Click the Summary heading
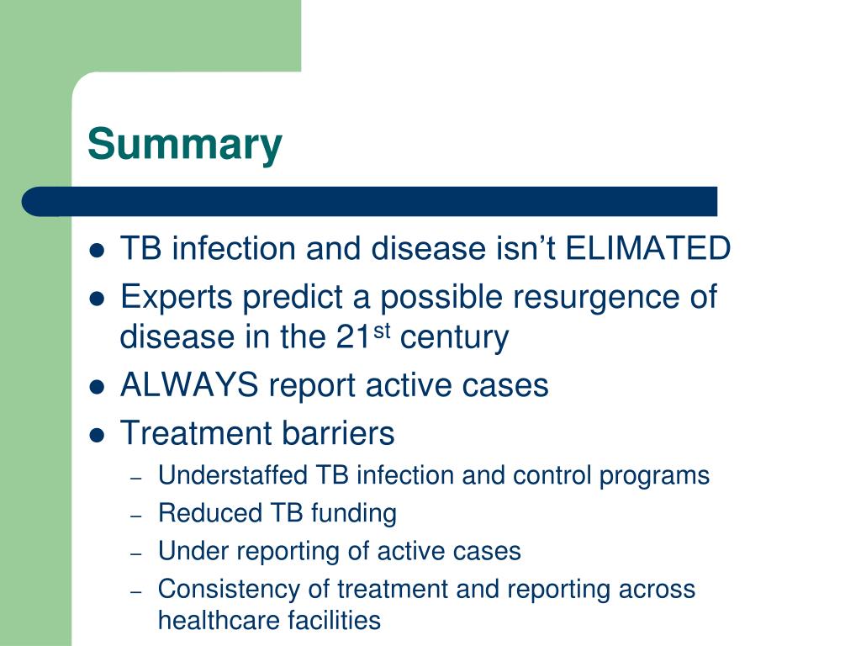[x=184, y=145]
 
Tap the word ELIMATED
[x=648, y=248]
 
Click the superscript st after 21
[x=382, y=330]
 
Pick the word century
[x=454, y=338]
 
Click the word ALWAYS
[x=189, y=384]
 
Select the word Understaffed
[x=232, y=475]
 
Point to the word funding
[x=354, y=514]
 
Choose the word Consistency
[x=229, y=590]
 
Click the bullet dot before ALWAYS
[x=97, y=387]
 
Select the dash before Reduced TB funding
[x=136, y=516]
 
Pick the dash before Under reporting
[x=136, y=554]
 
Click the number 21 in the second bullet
[x=353, y=337]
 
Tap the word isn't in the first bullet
[x=524, y=248]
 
